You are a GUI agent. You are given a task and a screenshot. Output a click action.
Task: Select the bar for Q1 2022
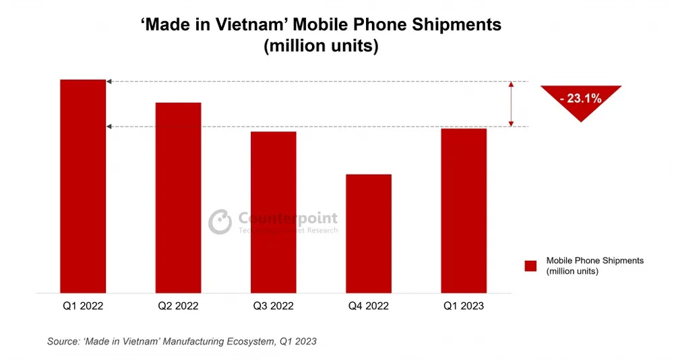(83, 186)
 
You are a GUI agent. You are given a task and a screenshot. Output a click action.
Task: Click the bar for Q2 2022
(178, 198)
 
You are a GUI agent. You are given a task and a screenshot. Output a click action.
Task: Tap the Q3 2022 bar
(273, 212)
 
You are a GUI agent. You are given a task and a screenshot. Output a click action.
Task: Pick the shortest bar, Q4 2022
(368, 233)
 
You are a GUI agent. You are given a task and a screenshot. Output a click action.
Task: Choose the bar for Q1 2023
(464, 210)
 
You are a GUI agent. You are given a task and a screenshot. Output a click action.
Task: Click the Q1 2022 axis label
(83, 306)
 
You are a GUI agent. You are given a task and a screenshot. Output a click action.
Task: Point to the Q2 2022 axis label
(178, 306)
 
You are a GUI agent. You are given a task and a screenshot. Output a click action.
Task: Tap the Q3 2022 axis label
(273, 306)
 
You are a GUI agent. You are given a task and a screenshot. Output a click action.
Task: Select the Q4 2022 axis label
(368, 306)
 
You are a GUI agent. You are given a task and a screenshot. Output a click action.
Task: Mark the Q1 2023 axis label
(464, 306)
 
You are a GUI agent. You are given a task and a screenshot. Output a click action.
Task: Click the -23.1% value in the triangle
(580, 98)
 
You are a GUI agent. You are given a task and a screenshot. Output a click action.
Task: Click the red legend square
(530, 266)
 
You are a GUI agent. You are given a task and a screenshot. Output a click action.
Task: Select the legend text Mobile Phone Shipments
(594, 260)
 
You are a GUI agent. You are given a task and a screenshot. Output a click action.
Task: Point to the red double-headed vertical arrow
(511, 104)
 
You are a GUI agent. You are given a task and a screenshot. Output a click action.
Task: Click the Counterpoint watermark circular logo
(220, 222)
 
